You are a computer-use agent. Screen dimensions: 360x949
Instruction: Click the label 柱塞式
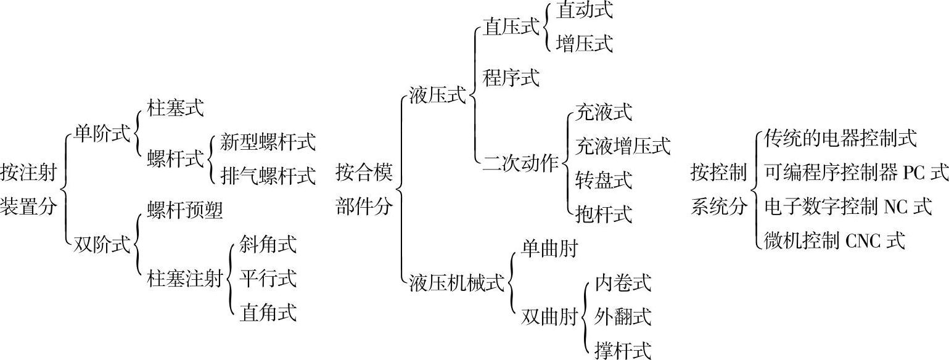click(x=175, y=109)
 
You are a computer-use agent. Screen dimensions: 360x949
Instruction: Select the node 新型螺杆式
click(x=268, y=142)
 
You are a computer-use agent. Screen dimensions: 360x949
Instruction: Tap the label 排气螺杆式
click(x=268, y=176)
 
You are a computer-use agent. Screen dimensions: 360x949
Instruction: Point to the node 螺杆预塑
click(x=185, y=210)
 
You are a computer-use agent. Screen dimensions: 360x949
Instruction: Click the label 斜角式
click(x=268, y=244)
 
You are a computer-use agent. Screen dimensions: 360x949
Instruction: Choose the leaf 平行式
click(x=268, y=278)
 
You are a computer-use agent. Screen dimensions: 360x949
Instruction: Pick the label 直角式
click(x=268, y=312)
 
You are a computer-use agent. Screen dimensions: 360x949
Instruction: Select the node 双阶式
click(x=102, y=245)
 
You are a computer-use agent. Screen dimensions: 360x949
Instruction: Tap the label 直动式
click(x=584, y=10)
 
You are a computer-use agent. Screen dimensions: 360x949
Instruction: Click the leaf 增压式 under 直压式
click(x=584, y=44)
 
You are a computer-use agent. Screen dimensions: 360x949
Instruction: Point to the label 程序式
click(x=511, y=78)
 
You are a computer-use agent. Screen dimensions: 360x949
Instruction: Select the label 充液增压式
click(x=622, y=146)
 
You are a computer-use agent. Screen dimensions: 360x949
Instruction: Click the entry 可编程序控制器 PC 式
click(x=856, y=173)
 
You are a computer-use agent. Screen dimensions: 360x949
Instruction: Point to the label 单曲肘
click(x=549, y=248)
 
